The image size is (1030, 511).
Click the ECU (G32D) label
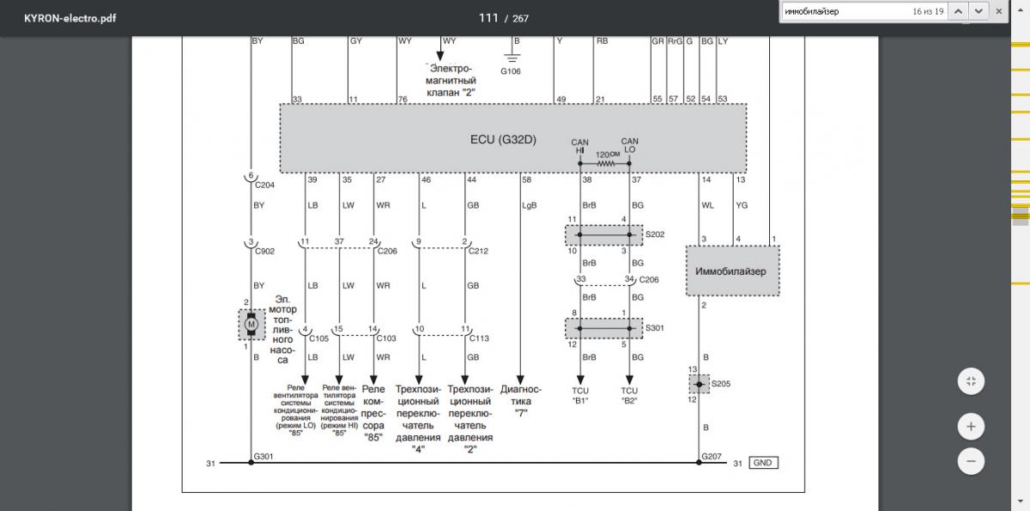point(503,139)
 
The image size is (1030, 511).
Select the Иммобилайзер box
point(732,271)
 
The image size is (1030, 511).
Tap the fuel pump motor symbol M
point(251,325)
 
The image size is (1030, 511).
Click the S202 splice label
point(654,234)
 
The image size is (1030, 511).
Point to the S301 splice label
point(654,327)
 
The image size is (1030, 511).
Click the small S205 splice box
point(700,384)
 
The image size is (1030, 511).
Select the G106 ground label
point(511,71)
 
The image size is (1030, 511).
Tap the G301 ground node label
point(263,456)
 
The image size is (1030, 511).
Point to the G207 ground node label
point(712,456)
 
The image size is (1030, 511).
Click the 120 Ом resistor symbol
point(606,161)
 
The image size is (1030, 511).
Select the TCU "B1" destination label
point(581,395)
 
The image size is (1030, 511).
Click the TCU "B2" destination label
point(629,395)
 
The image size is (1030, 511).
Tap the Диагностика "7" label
point(520,400)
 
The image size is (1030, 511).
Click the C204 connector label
point(264,185)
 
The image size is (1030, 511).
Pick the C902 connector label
point(264,252)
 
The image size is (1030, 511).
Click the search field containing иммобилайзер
point(845,12)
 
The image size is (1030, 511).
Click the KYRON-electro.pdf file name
point(70,17)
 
